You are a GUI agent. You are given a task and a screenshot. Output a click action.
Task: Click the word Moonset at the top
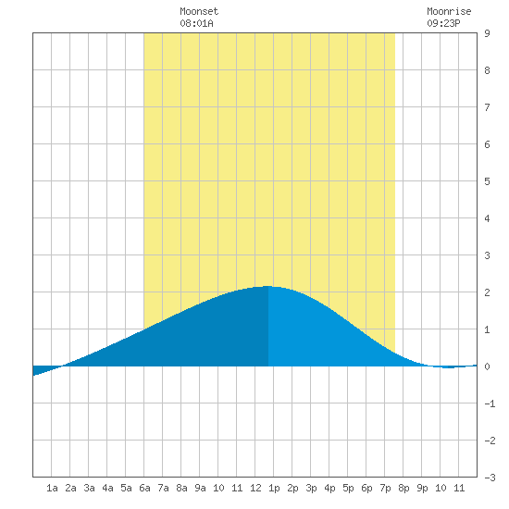click(199, 11)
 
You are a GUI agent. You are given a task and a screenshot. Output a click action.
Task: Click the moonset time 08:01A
click(197, 23)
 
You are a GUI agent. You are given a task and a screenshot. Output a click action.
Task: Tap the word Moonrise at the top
click(449, 11)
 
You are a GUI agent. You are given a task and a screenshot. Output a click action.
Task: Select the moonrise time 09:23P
click(443, 23)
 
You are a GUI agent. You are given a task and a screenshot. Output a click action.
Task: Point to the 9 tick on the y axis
click(487, 33)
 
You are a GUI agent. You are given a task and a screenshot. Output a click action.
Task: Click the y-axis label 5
click(487, 181)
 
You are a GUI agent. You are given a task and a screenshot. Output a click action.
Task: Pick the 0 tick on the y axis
click(487, 366)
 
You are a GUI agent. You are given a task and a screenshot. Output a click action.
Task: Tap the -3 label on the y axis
click(490, 478)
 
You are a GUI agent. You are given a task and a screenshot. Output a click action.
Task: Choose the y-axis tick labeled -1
click(490, 403)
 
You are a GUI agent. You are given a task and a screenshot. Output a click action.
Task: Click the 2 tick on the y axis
click(487, 292)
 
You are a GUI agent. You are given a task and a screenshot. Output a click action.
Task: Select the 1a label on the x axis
click(52, 488)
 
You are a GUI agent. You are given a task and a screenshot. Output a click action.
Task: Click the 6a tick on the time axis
click(144, 488)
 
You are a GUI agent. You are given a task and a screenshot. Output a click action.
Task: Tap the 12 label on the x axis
click(255, 488)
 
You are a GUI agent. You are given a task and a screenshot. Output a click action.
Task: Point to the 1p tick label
click(274, 488)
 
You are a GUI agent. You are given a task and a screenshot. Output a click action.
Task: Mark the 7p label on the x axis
click(385, 488)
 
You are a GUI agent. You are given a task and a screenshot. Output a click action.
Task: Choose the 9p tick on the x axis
click(422, 488)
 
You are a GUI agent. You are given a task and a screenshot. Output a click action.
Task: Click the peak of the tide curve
click(268, 286)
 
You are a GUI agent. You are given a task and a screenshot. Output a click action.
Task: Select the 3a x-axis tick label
click(89, 488)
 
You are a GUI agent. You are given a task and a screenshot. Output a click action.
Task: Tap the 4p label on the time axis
click(329, 488)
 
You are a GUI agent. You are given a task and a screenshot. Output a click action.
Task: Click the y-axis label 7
click(487, 107)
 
